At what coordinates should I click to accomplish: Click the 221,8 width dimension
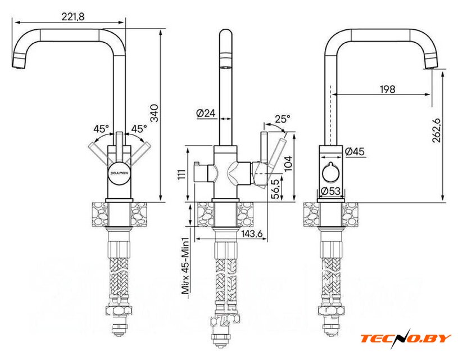74,17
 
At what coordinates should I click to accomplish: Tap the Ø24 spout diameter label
206,113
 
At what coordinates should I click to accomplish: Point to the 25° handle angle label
283,119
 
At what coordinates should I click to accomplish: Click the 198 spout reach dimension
387,89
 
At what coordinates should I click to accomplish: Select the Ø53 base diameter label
332,191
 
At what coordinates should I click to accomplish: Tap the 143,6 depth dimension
252,234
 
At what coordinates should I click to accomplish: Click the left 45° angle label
101,129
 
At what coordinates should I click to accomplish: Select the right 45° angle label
138,129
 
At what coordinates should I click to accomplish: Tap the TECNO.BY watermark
405,338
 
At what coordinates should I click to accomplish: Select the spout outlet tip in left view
17,64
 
